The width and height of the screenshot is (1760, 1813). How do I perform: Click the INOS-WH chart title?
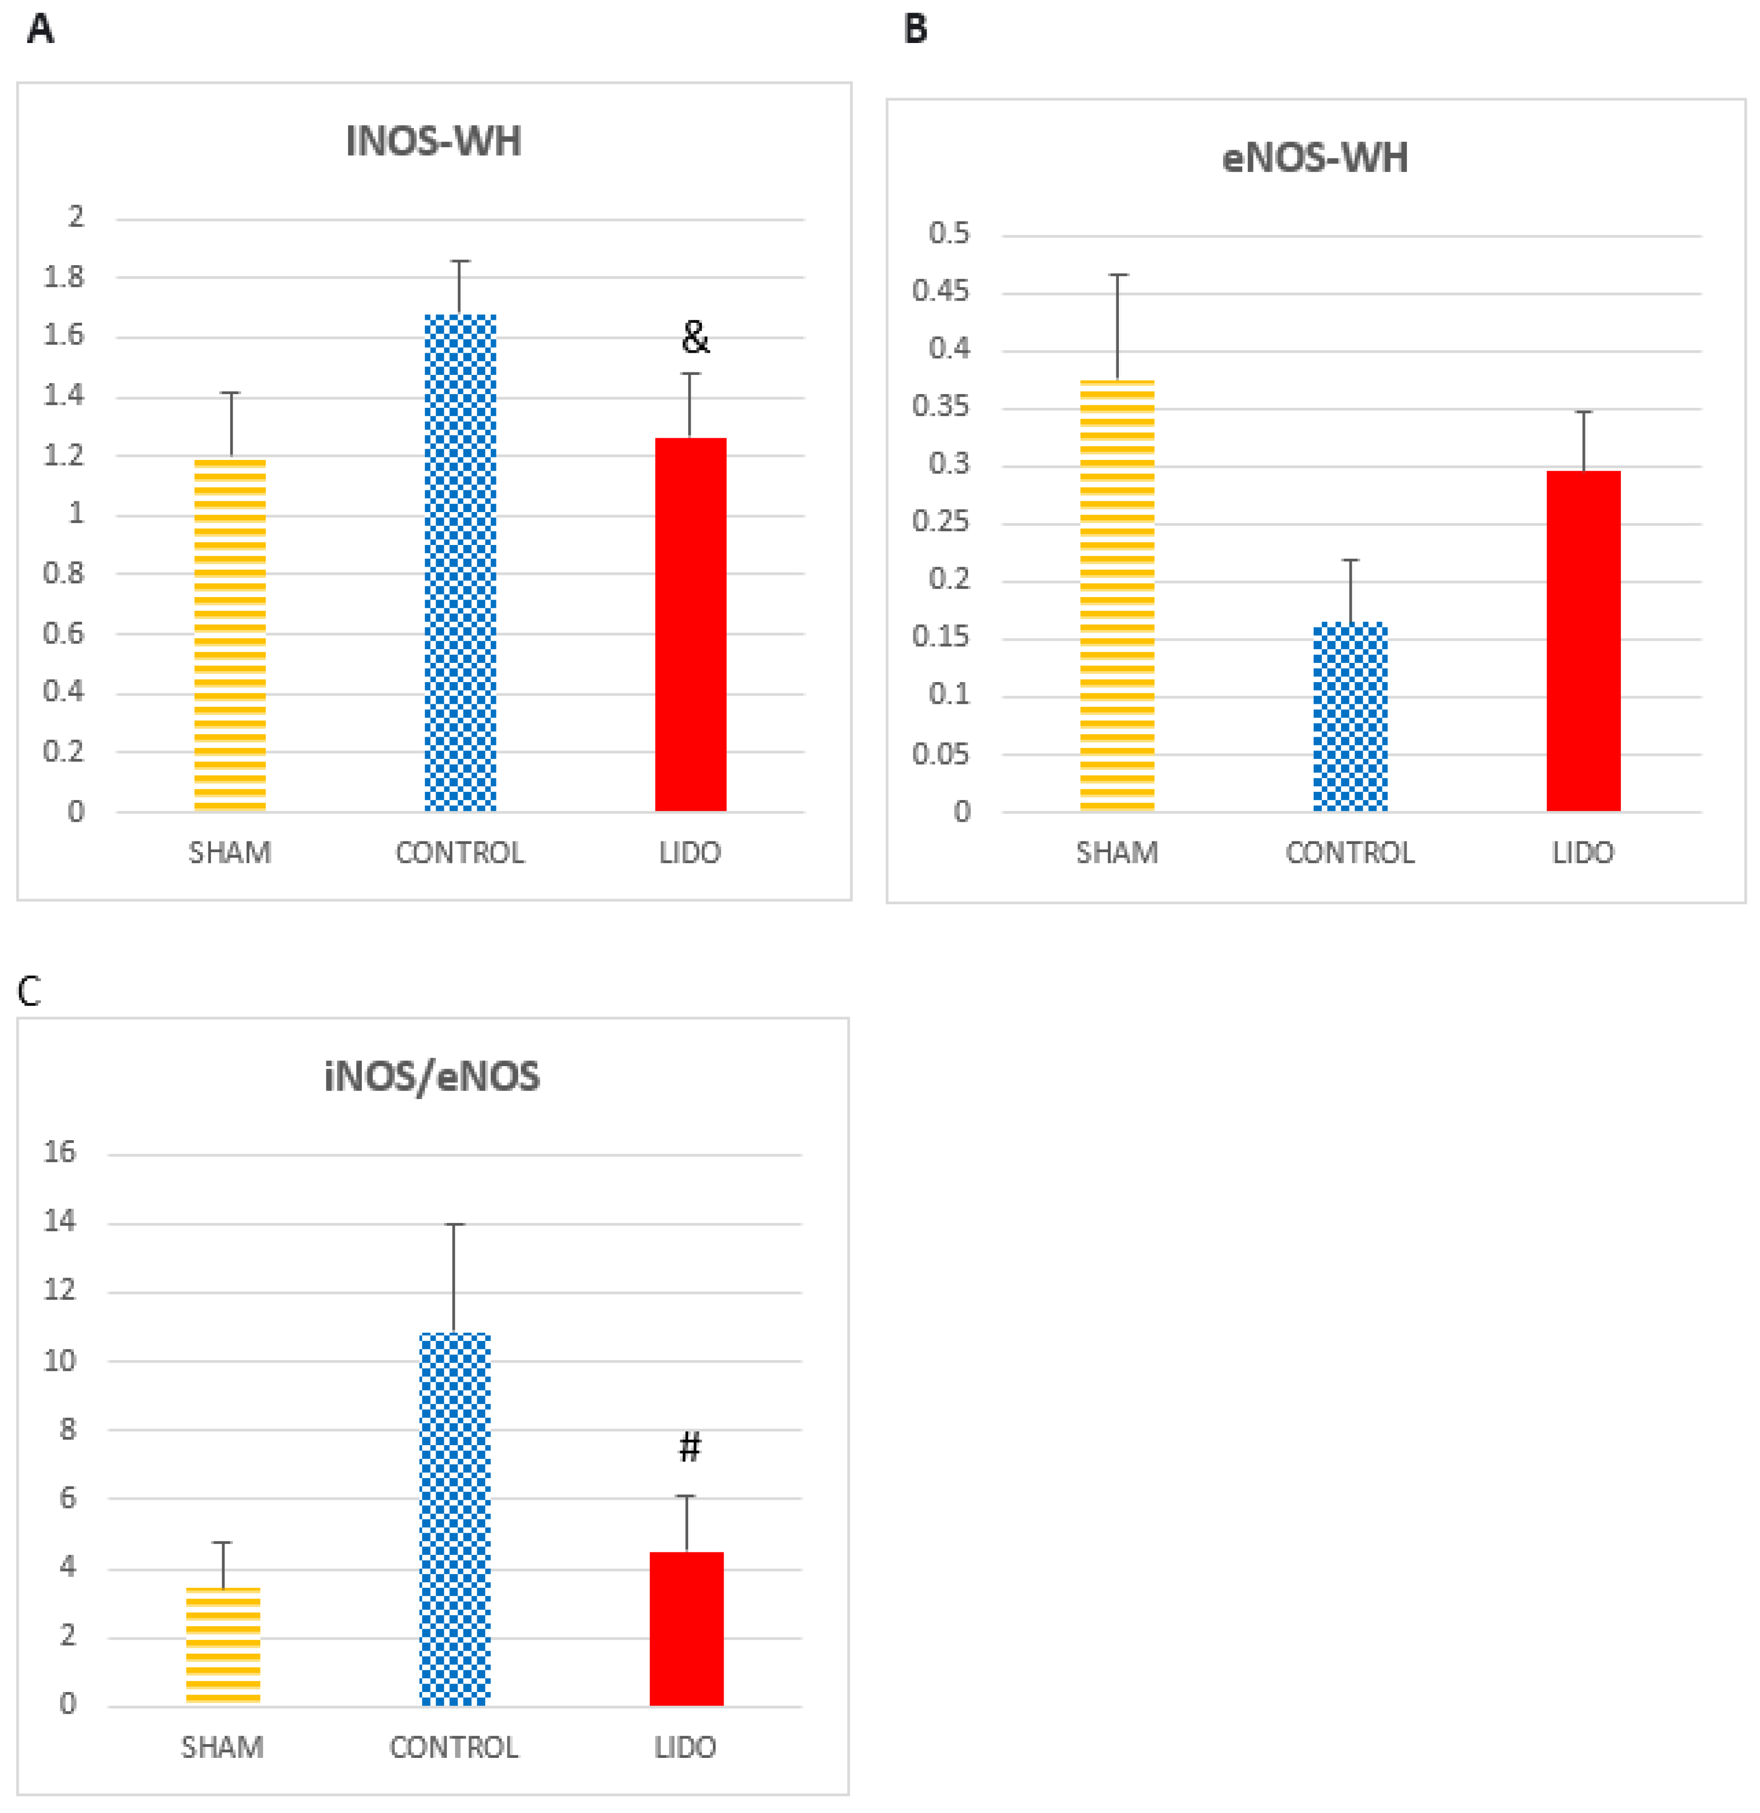[433, 142]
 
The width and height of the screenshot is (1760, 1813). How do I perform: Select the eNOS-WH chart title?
[1314, 158]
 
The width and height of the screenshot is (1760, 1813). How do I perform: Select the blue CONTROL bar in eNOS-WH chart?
[1350, 717]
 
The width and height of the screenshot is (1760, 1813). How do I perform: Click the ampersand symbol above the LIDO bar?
[695, 338]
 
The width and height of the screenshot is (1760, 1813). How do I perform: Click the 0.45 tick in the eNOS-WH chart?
[941, 291]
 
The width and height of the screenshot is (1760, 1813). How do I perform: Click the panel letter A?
[40, 29]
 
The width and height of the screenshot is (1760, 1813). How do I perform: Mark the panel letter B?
[915, 29]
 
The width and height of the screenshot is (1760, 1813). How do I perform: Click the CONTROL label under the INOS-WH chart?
[459, 852]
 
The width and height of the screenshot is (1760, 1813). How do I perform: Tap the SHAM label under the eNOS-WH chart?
[1116, 852]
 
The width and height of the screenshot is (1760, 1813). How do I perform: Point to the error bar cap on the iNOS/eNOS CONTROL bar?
[454, 1224]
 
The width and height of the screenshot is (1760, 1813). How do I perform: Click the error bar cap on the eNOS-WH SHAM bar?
[1118, 275]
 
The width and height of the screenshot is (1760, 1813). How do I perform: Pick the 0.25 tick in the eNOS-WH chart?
[941, 522]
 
